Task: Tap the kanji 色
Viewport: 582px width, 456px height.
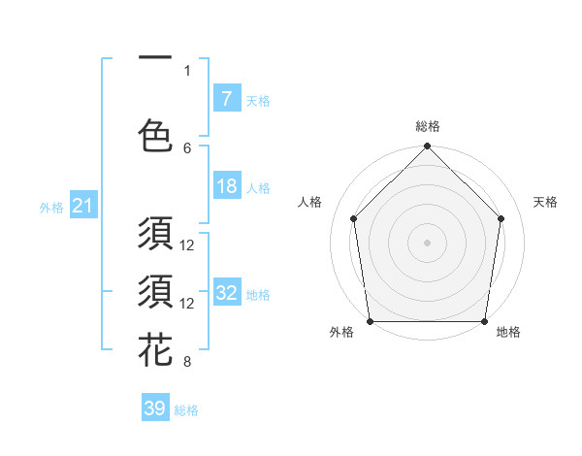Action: click(x=155, y=135)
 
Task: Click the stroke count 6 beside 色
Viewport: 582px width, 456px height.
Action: click(x=187, y=147)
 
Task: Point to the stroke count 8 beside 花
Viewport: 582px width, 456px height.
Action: click(x=187, y=362)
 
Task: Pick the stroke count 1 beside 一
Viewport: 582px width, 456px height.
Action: click(x=187, y=70)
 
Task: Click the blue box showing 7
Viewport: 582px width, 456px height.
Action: click(x=226, y=99)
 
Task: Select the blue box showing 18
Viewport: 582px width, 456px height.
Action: click(x=226, y=187)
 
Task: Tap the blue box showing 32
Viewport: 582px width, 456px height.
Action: click(x=226, y=293)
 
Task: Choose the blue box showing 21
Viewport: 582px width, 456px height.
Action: click(x=81, y=206)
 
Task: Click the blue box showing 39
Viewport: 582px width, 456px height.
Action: click(x=154, y=408)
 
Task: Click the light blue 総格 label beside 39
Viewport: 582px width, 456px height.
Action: click(x=186, y=410)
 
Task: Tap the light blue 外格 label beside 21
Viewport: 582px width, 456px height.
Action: click(x=51, y=208)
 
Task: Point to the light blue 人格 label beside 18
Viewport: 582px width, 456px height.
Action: click(x=258, y=188)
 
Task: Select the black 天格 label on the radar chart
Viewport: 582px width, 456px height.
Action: click(x=546, y=202)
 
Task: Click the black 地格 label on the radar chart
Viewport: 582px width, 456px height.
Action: click(x=508, y=333)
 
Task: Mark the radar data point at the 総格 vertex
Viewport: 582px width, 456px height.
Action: click(x=427, y=147)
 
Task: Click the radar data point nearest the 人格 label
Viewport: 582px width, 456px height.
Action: click(x=353, y=218)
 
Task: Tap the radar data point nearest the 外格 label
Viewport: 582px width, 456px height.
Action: click(x=370, y=321)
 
